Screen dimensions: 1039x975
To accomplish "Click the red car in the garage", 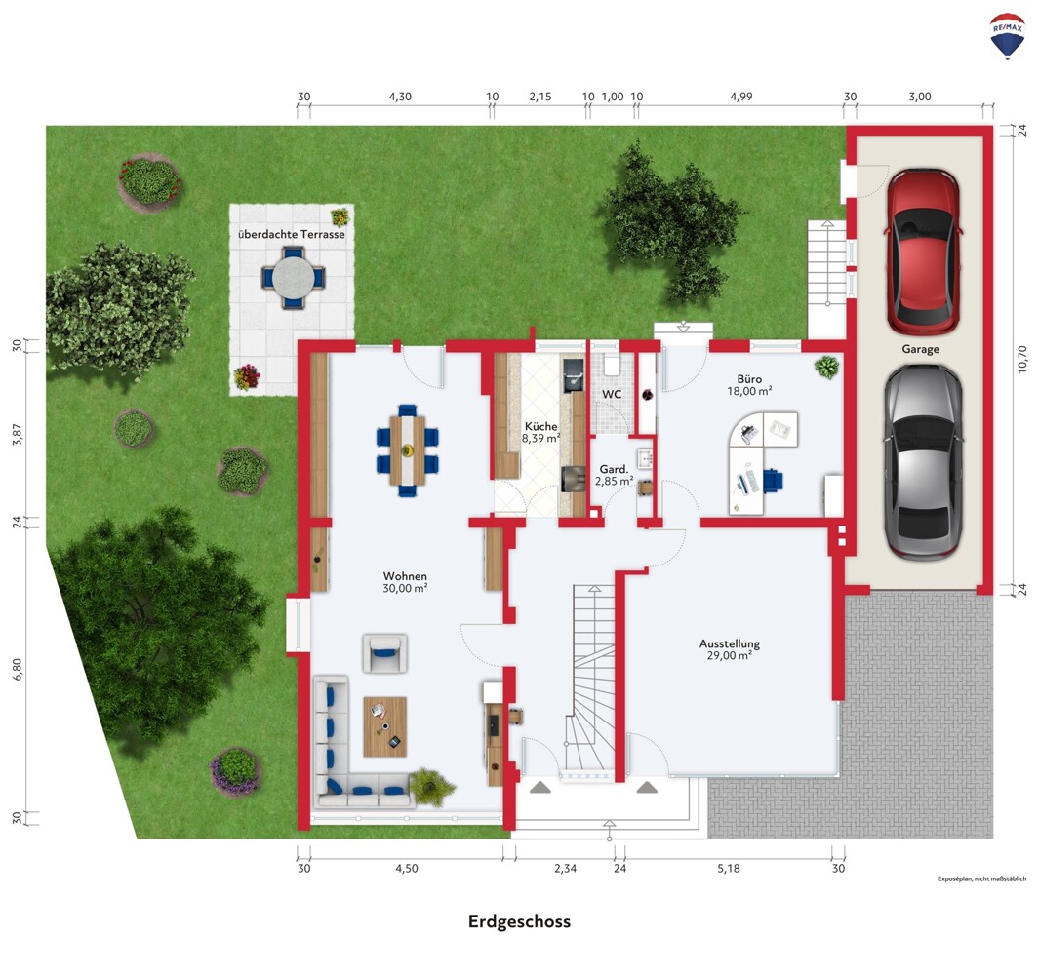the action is point(922,253).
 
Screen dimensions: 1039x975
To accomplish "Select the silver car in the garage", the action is point(923,461).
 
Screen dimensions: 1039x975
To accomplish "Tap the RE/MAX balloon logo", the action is point(1007,36).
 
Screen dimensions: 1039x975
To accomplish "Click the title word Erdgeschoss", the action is point(519,921).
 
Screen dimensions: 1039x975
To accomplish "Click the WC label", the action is point(612,394).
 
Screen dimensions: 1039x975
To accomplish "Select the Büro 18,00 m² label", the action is point(749,385).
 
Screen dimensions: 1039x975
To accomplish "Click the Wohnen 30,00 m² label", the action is point(405,582).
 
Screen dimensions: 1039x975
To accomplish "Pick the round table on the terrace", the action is point(294,278).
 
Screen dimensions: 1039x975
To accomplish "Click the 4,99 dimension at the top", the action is point(741,97).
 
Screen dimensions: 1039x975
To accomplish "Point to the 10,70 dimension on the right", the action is point(1021,359).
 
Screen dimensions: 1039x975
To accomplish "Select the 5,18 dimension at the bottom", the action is point(728,869).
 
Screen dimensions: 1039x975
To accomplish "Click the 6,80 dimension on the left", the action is point(18,669).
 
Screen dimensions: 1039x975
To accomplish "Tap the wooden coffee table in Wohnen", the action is point(385,726).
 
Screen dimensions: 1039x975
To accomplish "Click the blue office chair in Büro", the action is point(772,481).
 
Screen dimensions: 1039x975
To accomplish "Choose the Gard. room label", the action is point(614,470).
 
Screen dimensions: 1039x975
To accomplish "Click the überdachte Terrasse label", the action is point(292,234).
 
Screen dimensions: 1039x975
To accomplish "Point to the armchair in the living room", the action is point(384,653).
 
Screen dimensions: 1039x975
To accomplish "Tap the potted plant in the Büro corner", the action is point(827,367).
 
